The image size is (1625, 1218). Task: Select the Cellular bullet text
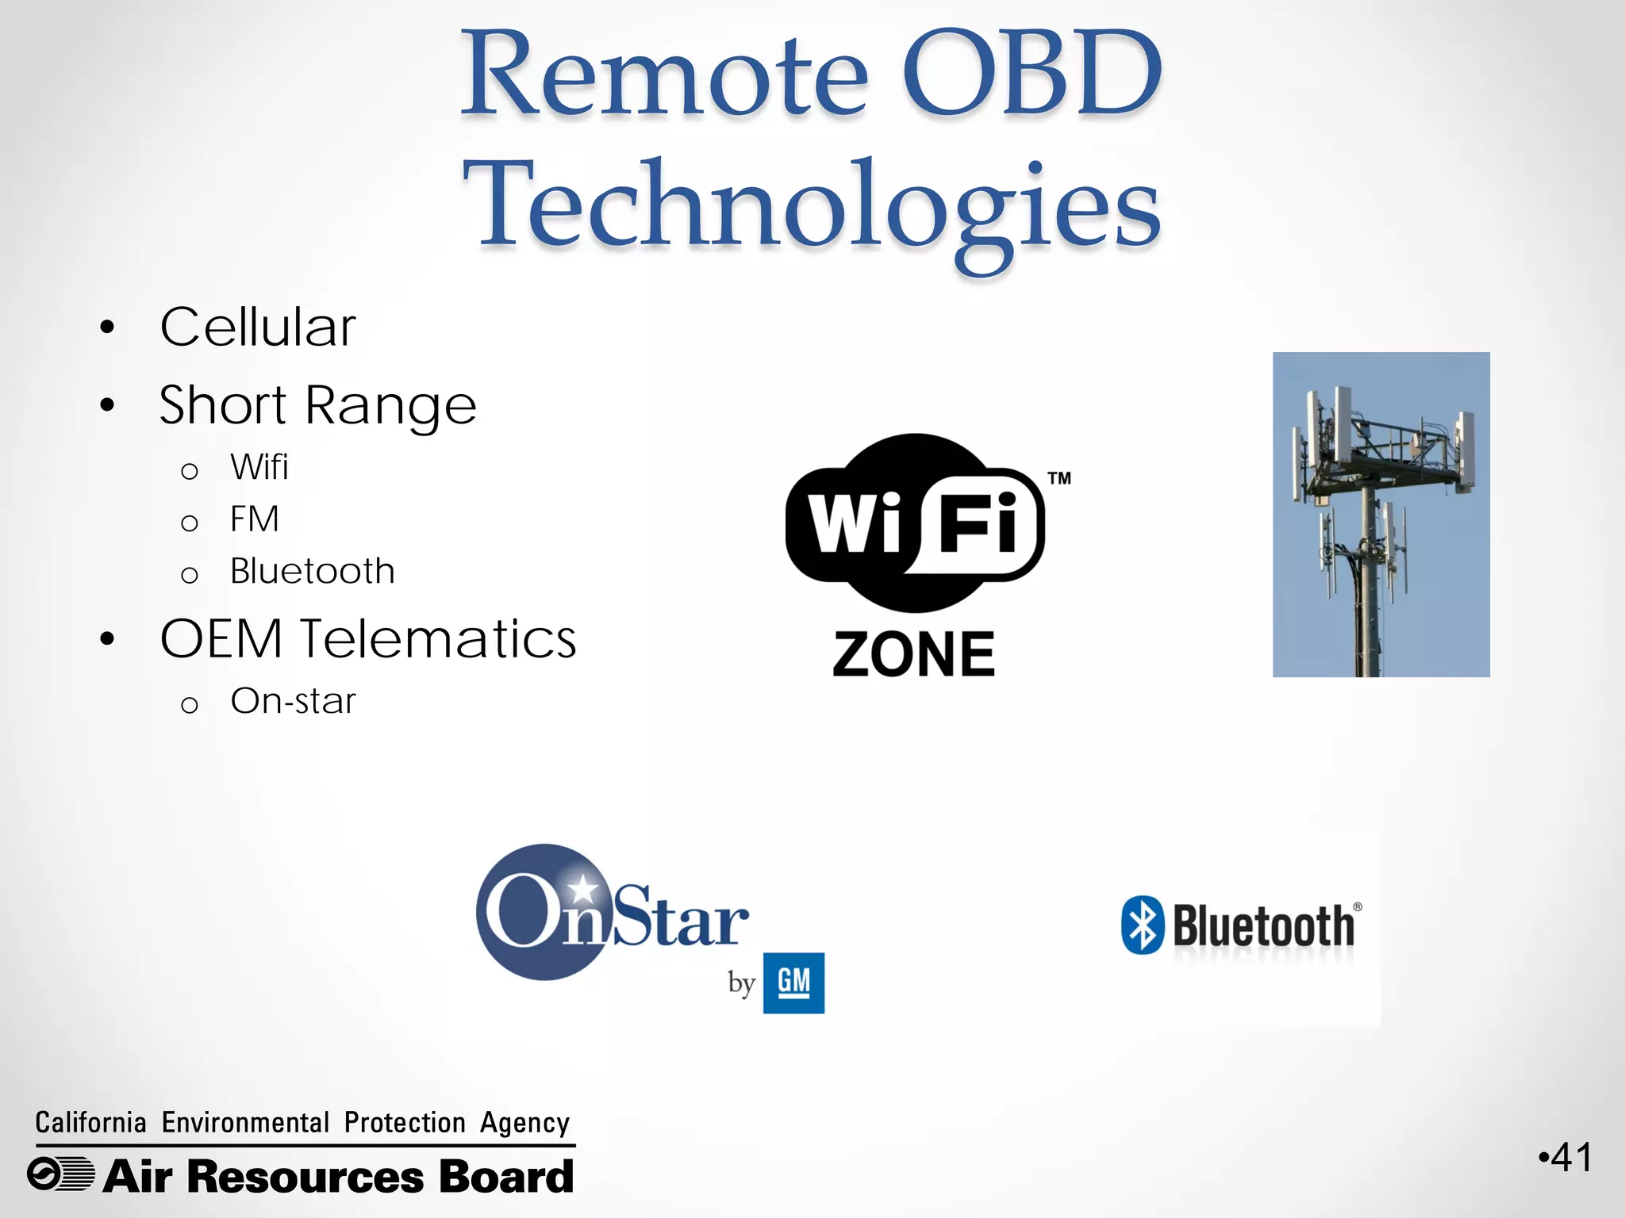click(x=258, y=327)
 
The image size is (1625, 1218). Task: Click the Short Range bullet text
click(x=317, y=405)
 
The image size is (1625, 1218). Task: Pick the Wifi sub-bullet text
click(x=259, y=467)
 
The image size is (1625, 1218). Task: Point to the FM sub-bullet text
click(x=254, y=519)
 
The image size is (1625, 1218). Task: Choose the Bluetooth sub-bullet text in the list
click(x=312, y=571)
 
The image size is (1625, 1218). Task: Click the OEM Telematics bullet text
click(x=367, y=639)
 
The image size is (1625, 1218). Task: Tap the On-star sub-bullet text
click(x=293, y=701)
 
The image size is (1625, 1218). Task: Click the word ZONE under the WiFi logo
click(x=913, y=655)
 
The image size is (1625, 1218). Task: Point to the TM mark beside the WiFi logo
click(x=1059, y=478)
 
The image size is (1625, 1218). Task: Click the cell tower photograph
click(x=1381, y=514)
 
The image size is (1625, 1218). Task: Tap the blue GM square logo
click(x=793, y=982)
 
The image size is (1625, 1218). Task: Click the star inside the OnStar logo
click(x=584, y=887)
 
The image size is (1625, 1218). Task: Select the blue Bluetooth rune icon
click(x=1143, y=925)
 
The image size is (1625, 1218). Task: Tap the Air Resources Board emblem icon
click(x=60, y=1174)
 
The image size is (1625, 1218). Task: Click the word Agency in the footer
click(x=524, y=1123)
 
